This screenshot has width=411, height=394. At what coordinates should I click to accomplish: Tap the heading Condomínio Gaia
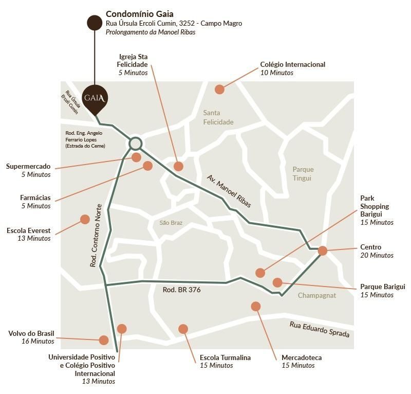coord(139,14)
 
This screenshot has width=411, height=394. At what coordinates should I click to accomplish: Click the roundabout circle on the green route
coord(136,144)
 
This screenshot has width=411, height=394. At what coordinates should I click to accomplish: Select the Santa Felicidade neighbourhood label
coord(218,117)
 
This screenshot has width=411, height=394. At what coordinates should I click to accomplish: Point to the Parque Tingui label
coord(303,174)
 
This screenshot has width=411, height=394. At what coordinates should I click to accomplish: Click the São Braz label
coord(171,223)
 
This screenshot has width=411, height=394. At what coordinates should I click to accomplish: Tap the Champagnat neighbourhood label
coord(316,296)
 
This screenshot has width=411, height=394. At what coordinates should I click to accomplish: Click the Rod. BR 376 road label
coord(182,290)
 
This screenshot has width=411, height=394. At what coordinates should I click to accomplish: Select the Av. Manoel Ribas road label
coord(229,191)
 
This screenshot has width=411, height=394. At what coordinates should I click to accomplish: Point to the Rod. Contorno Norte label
coord(96,236)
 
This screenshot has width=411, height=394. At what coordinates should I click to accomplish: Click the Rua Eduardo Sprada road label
coord(320,329)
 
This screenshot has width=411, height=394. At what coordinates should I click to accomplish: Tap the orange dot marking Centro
coord(323,250)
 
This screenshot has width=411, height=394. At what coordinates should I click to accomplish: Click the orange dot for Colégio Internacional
coord(220,89)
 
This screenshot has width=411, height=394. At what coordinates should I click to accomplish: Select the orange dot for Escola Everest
coord(85,219)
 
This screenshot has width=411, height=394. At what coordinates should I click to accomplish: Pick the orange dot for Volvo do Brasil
coord(104,340)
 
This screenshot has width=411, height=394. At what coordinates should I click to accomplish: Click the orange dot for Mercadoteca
coord(256,307)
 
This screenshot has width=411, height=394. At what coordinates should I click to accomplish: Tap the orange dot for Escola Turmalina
coord(183,329)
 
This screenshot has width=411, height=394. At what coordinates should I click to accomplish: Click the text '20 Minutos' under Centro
coord(377,255)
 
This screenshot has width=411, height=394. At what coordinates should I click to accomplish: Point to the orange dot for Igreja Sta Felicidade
coord(178,166)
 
